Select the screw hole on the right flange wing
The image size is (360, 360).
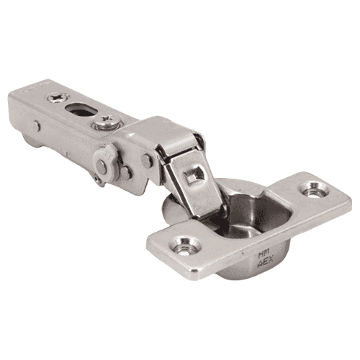coord(314,191)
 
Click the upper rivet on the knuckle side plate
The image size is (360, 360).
coord(147,161)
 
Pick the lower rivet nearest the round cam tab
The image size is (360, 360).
coord(126,173)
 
